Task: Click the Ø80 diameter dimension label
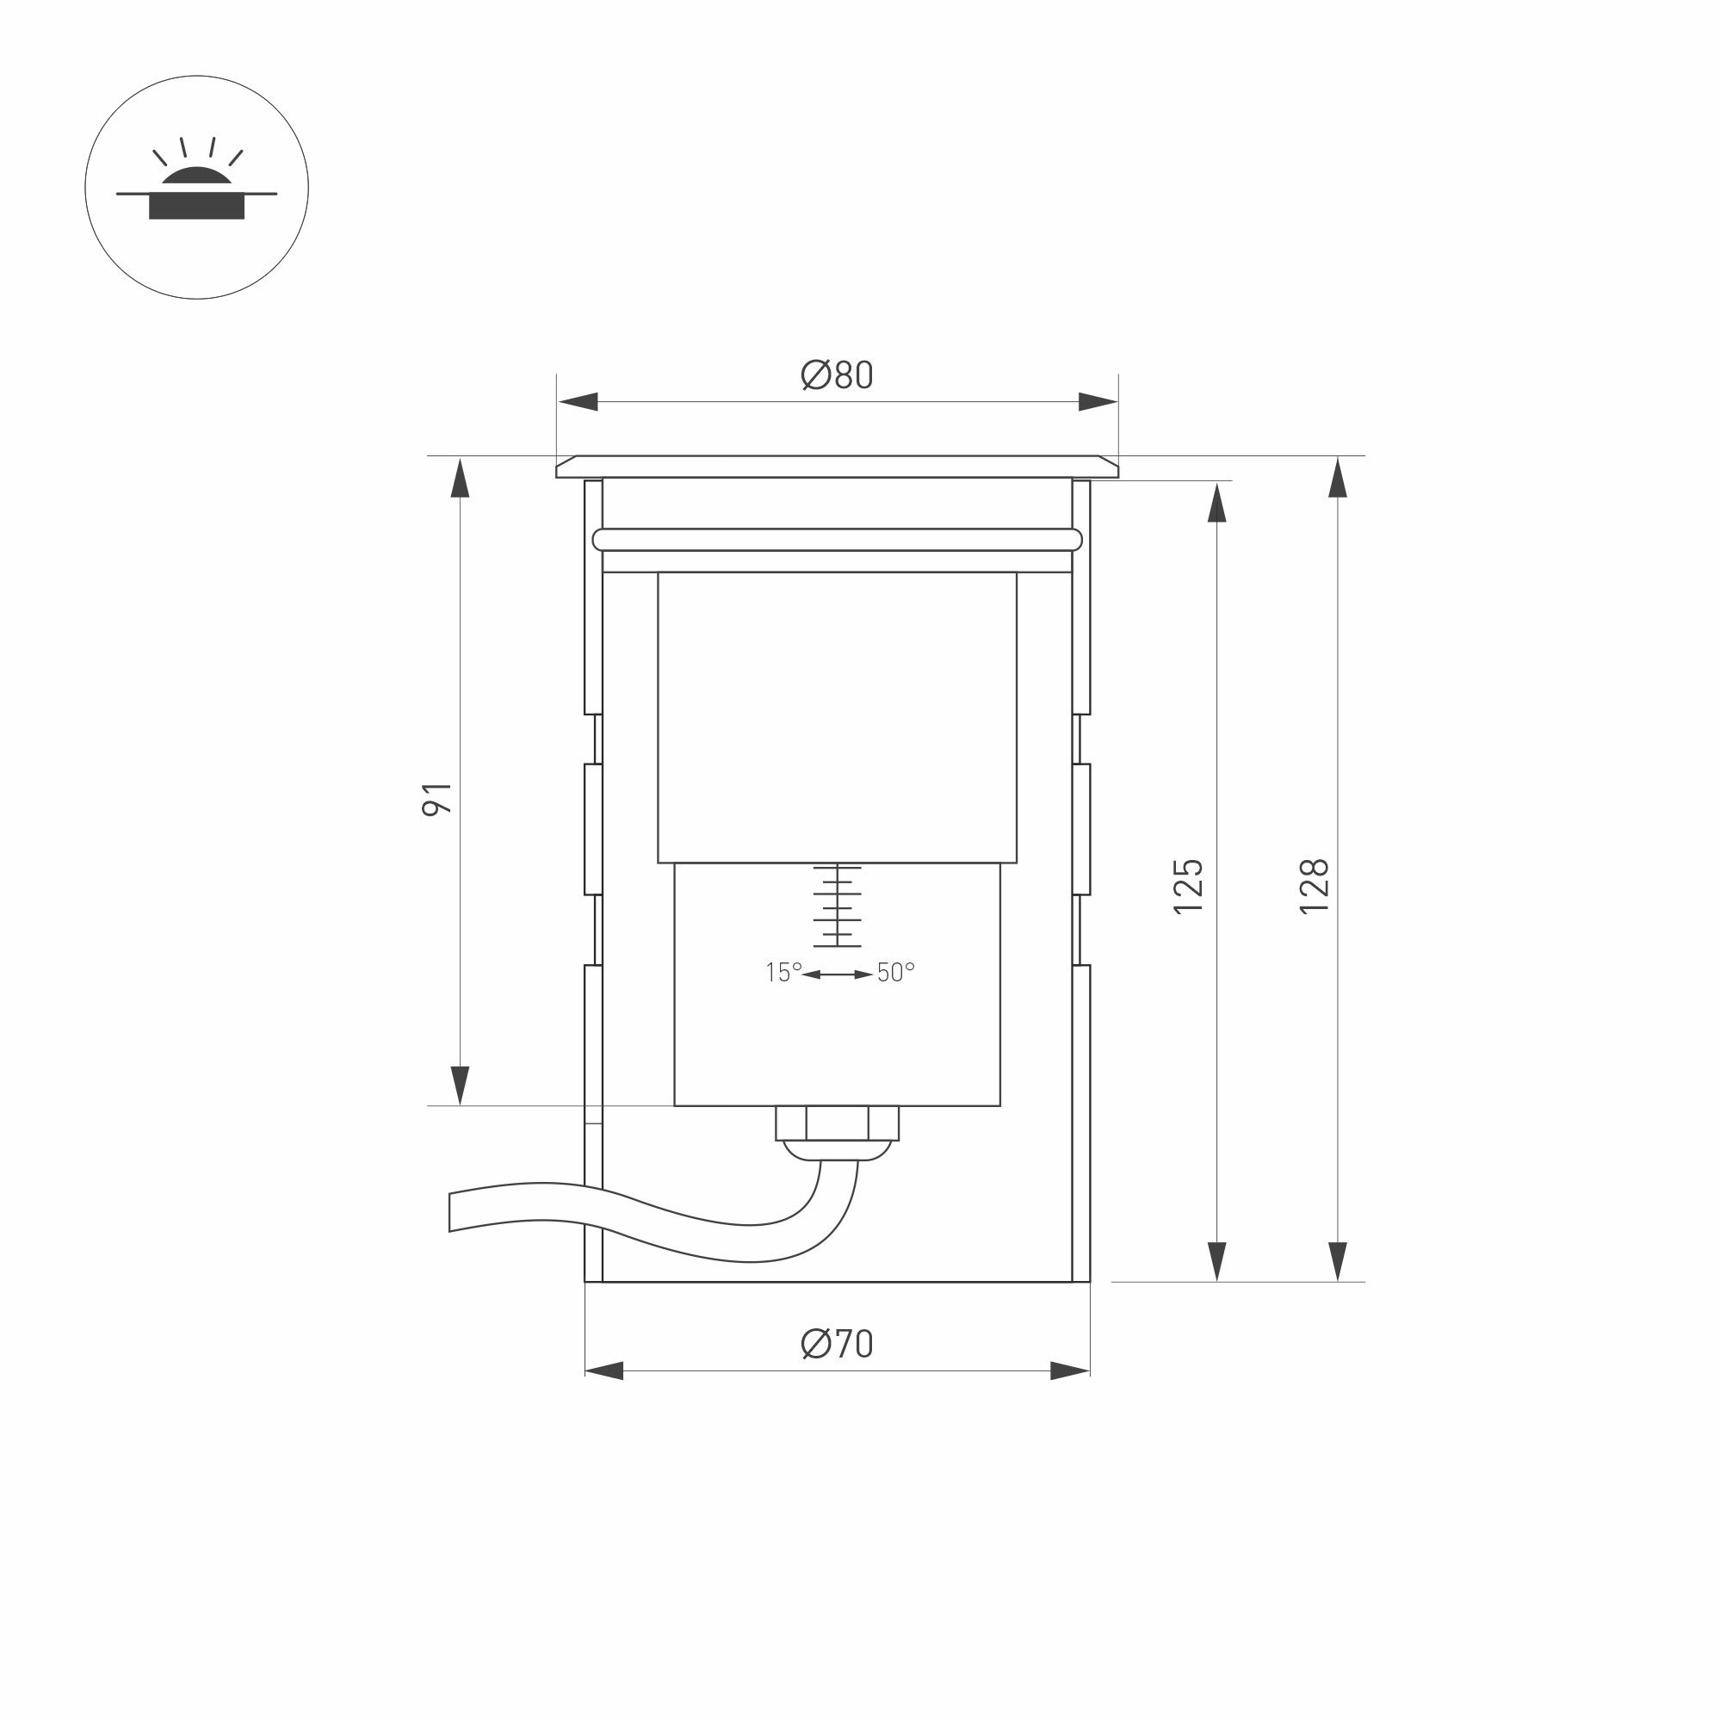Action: click(x=837, y=375)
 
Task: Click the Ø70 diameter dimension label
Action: click(x=837, y=1344)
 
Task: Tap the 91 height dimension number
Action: click(x=437, y=800)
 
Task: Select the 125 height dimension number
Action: click(x=1189, y=886)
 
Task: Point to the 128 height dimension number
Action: click(x=1314, y=886)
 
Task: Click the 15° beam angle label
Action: click(x=784, y=973)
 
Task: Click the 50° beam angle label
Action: click(x=895, y=973)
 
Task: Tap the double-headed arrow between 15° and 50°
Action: click(x=838, y=974)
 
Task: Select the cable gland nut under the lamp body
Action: click(x=838, y=1123)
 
